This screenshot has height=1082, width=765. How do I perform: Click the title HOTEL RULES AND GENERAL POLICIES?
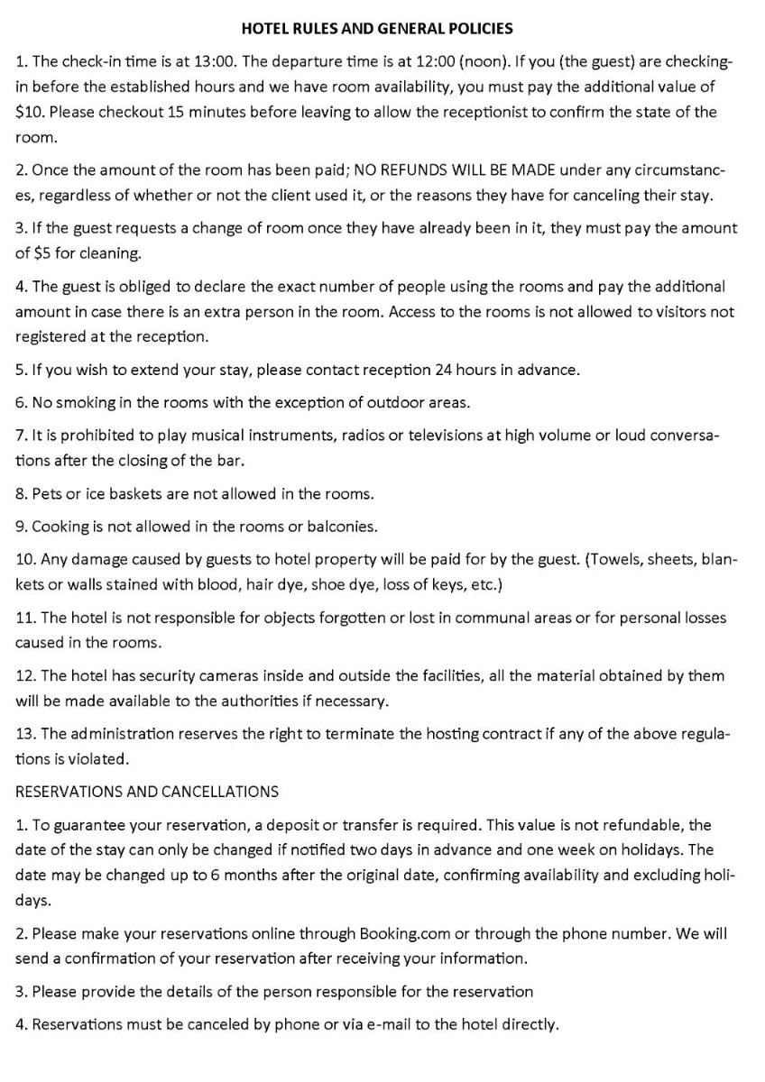tap(377, 29)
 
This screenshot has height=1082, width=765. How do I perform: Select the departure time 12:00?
tap(440, 61)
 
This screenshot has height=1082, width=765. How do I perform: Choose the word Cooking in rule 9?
tap(60, 526)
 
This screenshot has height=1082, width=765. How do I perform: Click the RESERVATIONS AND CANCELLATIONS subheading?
tap(147, 792)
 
